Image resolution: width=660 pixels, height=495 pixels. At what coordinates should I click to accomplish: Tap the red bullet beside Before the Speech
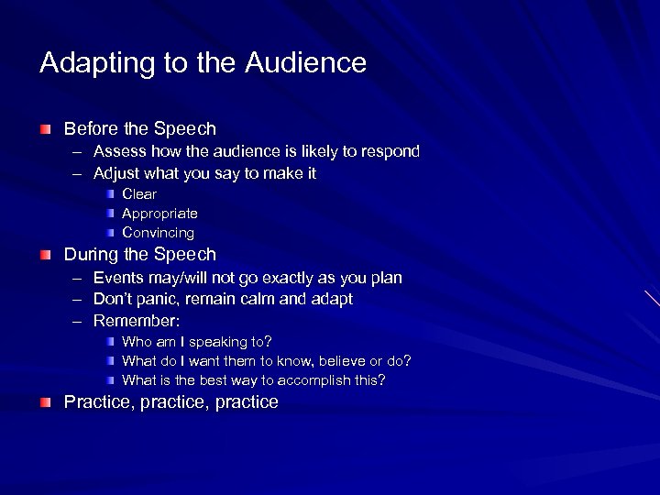coord(46,129)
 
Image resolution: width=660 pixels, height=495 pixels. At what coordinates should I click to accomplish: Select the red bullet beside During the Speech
coord(46,255)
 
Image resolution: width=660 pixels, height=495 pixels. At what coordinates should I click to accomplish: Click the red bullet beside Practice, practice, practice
coord(46,402)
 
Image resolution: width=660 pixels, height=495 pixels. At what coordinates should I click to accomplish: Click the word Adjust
coord(115,173)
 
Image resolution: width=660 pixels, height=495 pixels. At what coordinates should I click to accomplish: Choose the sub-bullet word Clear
coord(139,194)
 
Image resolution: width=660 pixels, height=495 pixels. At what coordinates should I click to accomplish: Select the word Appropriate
coord(159,214)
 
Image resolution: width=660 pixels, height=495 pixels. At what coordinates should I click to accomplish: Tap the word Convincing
coord(158,233)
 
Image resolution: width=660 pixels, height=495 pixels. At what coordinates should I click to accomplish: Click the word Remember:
coord(137,321)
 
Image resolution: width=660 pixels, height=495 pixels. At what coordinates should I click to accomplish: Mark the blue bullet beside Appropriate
coord(110,214)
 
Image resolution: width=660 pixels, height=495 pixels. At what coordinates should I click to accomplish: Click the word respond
coord(391,150)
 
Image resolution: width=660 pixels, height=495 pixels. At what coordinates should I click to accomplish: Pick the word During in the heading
coord(91,255)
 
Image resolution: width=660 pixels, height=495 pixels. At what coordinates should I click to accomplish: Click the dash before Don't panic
coord(75,300)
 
